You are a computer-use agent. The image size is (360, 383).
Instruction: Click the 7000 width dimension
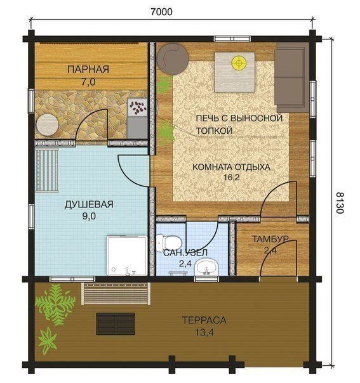tap(161, 11)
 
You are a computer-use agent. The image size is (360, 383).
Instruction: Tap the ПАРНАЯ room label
tap(88, 69)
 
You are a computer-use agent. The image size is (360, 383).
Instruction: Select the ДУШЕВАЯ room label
tap(89, 204)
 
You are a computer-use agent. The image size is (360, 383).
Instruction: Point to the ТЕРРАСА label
tap(204, 320)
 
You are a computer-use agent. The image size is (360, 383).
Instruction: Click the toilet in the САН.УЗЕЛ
tap(169, 242)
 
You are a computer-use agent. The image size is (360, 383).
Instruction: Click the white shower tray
tap(127, 256)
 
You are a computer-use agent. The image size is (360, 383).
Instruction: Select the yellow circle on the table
tap(239, 63)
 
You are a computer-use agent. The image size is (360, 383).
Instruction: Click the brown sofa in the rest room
tap(291, 77)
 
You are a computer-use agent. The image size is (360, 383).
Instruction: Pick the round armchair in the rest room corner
tap(173, 59)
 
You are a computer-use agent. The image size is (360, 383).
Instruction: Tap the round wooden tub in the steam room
tap(48, 125)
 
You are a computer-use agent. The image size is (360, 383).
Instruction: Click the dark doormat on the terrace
tap(116, 323)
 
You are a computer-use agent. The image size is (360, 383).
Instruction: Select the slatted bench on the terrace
tap(116, 294)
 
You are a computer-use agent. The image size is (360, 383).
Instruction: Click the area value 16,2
tap(231, 178)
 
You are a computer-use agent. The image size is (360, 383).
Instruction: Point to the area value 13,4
tap(204, 332)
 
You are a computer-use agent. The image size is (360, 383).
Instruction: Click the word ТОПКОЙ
tap(214, 131)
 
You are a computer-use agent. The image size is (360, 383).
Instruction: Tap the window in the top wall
tap(232, 39)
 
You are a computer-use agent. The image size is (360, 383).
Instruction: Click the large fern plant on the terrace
tap(55, 304)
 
